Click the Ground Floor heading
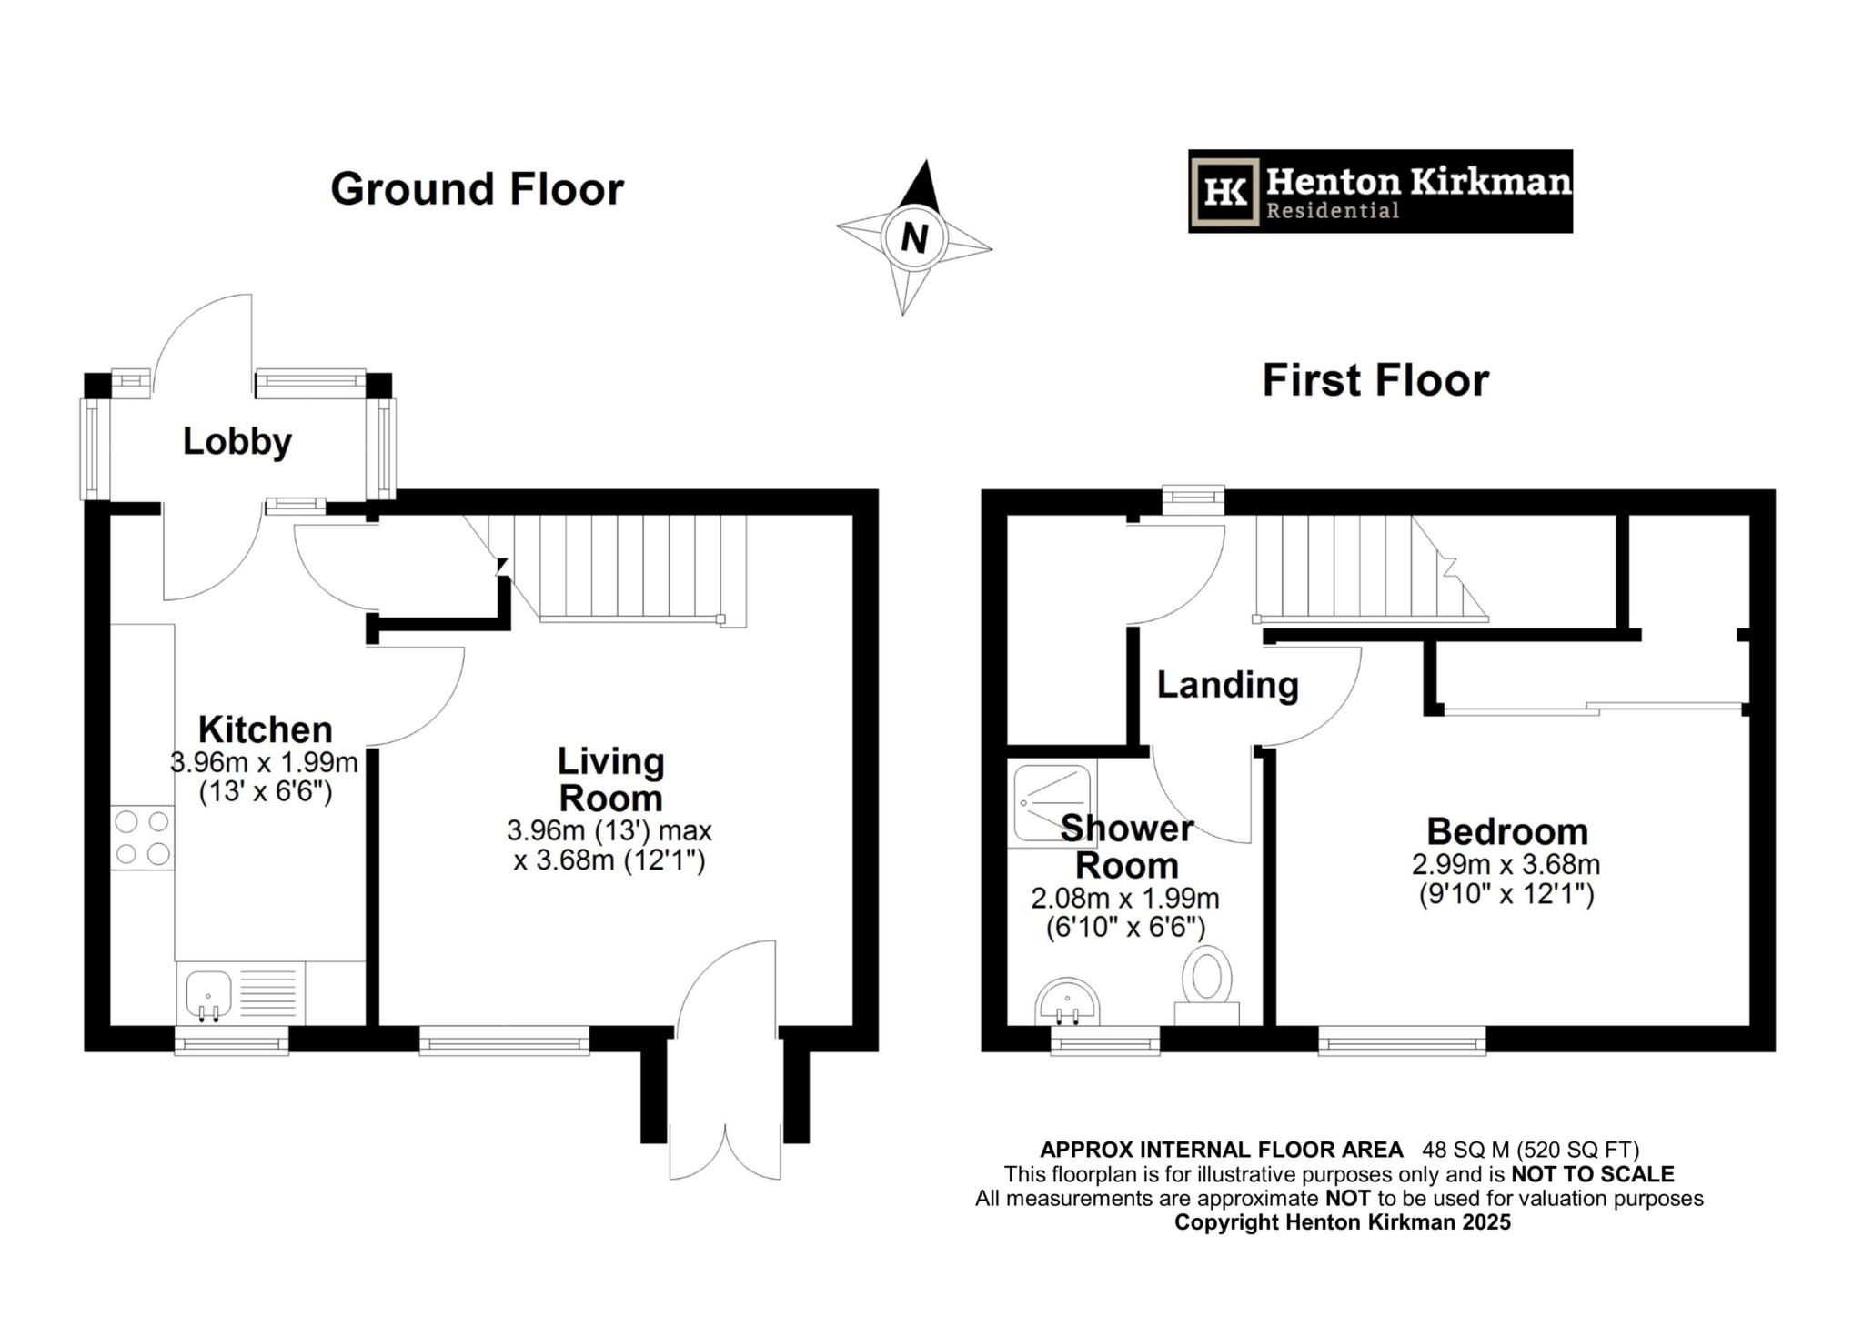click(x=477, y=189)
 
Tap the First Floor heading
click(x=1375, y=380)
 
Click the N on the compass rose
click(x=913, y=238)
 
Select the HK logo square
click(x=1225, y=192)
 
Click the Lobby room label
click(x=237, y=442)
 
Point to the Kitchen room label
click(x=266, y=729)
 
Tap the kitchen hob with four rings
click(x=143, y=838)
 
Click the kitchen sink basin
click(x=208, y=993)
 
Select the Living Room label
click(x=610, y=779)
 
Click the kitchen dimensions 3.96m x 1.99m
click(x=265, y=762)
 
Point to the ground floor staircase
click(x=628, y=568)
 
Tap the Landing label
click(x=1227, y=685)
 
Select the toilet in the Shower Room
click(x=1207, y=982)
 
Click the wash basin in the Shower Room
click(x=1068, y=1002)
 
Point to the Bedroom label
click(x=1506, y=831)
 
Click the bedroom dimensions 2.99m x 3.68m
click(x=1506, y=864)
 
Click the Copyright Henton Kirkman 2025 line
click(x=1342, y=1222)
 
